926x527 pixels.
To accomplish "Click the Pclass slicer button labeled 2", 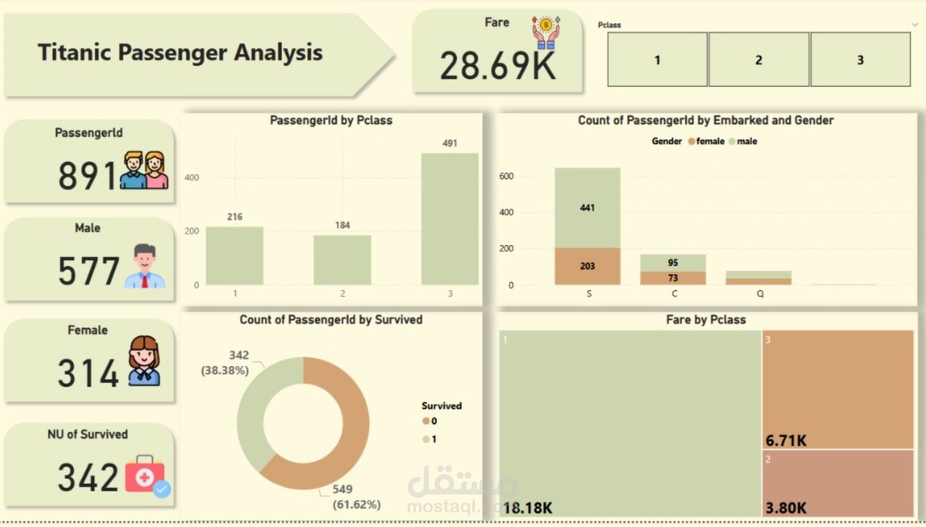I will tap(758, 60).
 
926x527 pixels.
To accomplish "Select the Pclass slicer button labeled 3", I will tap(860, 60).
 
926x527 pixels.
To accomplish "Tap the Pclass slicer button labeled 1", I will tap(657, 60).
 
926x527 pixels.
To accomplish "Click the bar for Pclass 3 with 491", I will tap(450, 218).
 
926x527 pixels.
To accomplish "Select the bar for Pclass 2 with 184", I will tap(342, 260).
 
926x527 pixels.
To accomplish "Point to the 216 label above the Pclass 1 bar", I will tap(234, 217).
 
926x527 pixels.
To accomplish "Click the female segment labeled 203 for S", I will tap(588, 266).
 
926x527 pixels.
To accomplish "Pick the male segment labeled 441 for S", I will tap(588, 208).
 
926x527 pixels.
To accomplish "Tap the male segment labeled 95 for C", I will tap(673, 263).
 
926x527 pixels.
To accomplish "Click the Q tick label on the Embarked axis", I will tap(758, 294).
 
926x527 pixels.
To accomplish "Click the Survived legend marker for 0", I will tap(425, 421).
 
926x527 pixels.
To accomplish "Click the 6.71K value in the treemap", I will tap(787, 439).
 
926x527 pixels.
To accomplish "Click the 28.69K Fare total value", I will tap(498, 66).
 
